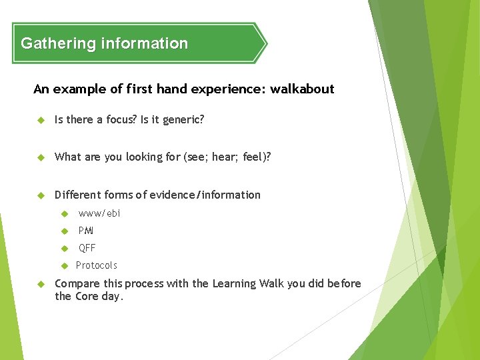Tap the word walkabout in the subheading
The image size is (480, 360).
pyautogui.click(x=302, y=89)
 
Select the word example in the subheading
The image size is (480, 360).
pyautogui.click(x=75, y=89)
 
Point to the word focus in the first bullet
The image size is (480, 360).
pyautogui.click(x=121, y=120)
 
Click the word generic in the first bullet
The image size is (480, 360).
pyautogui.click(x=181, y=120)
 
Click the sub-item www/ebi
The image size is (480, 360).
pyautogui.click(x=99, y=213)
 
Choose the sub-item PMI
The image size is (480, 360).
pyautogui.click(x=86, y=231)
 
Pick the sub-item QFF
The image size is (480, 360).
pyautogui.click(x=87, y=248)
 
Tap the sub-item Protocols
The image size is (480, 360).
pyautogui.click(x=96, y=265)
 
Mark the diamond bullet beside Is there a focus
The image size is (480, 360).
pyautogui.click(x=40, y=120)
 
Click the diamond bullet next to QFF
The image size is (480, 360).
pyautogui.click(x=65, y=249)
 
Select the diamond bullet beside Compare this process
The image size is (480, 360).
pyautogui.click(x=40, y=284)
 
